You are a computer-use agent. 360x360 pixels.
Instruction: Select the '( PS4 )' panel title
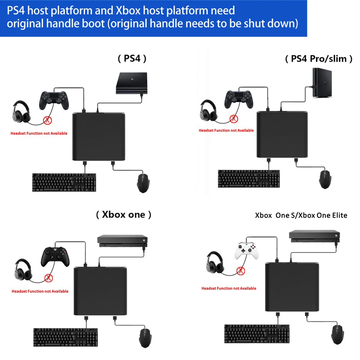(x=132, y=59)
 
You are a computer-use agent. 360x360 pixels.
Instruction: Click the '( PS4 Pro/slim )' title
(x=319, y=59)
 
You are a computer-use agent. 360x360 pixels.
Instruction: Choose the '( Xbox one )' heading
(x=123, y=215)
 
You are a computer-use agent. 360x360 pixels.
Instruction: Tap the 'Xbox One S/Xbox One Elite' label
(x=301, y=215)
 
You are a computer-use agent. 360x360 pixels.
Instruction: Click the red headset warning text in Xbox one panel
(x=40, y=291)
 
